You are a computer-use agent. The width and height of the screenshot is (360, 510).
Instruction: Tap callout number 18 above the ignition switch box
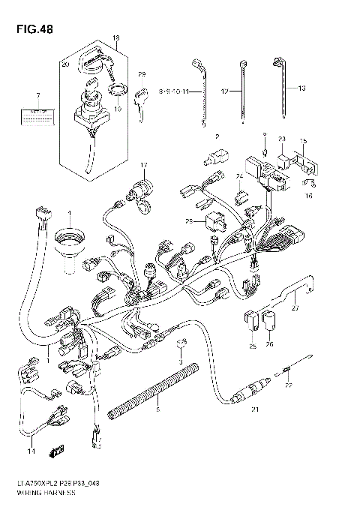(x=116, y=37)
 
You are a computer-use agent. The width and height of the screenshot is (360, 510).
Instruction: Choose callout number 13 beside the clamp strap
(x=302, y=88)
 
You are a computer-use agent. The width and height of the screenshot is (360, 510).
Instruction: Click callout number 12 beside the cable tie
(x=224, y=91)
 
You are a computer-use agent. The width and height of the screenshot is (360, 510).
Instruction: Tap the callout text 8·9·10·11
(x=176, y=91)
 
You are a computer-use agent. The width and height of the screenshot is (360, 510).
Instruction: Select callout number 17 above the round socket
(x=143, y=164)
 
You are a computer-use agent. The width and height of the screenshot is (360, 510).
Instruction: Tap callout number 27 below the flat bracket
(x=295, y=306)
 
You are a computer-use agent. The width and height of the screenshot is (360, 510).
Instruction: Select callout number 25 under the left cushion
(x=252, y=346)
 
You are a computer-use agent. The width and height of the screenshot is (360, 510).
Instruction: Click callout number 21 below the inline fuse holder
(x=255, y=409)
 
